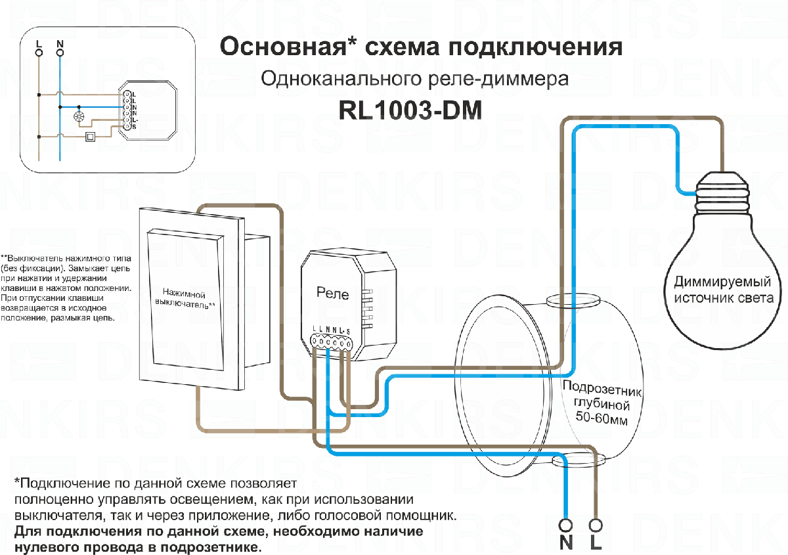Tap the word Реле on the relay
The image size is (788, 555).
332,294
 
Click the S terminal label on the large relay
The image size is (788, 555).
348,330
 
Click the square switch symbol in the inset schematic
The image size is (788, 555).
91,137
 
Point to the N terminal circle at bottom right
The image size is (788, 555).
565,525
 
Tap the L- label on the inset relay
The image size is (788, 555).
134,120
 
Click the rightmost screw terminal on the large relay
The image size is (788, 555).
348,342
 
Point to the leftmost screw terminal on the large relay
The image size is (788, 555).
315,342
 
